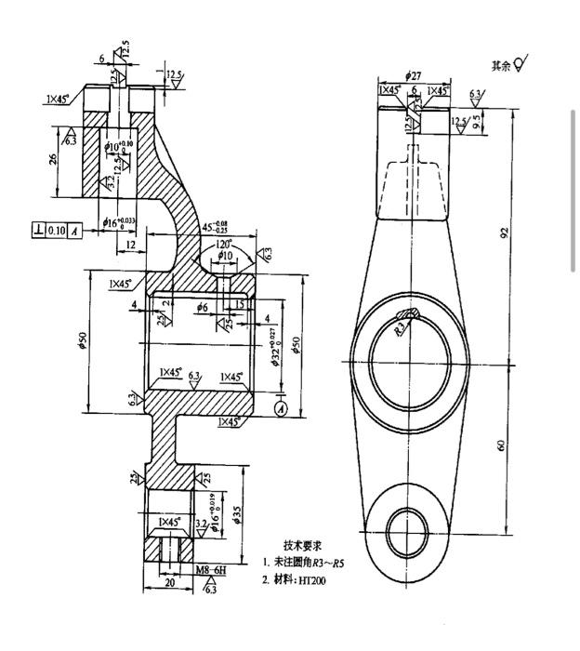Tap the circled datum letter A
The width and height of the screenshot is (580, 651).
pos(283,406)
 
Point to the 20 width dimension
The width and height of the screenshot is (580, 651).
pos(170,584)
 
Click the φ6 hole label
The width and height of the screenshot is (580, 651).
pos(204,306)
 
